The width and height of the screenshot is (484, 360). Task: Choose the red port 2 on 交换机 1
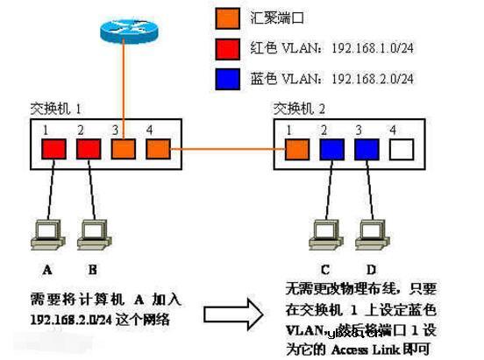point(89,148)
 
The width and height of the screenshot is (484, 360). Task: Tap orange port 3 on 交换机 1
point(124,148)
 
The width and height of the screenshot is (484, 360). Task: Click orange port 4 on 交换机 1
point(156,148)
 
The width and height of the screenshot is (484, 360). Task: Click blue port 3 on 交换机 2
point(366,148)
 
